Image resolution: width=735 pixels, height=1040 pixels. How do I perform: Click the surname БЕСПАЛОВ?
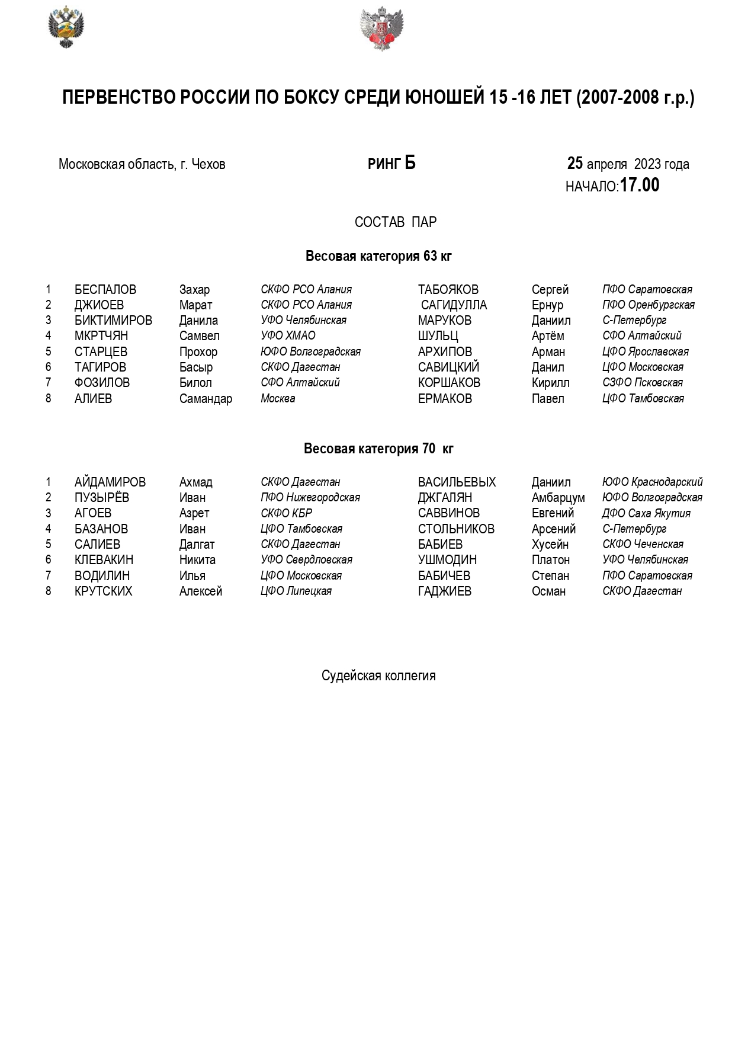[x=105, y=290]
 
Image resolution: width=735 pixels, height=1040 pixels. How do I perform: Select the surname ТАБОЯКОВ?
[x=448, y=290]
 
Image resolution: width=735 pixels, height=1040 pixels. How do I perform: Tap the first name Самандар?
[x=206, y=399]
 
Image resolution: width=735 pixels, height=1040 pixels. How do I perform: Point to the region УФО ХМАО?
[x=288, y=336]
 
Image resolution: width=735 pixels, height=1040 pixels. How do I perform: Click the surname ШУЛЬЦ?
[x=438, y=336]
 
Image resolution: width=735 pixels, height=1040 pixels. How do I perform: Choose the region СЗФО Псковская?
[x=642, y=383]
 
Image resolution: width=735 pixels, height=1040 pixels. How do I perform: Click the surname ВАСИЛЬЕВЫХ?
[x=457, y=482]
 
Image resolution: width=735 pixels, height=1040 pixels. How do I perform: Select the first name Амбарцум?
[x=558, y=498]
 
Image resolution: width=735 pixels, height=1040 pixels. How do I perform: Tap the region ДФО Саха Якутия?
[x=646, y=513]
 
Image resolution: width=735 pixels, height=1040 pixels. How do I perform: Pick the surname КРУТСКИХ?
[x=103, y=591]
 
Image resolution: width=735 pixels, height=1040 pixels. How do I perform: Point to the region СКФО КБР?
[x=286, y=513]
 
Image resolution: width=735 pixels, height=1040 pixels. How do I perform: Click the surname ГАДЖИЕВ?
[x=444, y=591]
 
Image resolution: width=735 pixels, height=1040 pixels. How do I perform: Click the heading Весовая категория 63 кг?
[x=378, y=256]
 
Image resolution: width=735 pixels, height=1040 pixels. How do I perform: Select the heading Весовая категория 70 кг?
[x=378, y=449]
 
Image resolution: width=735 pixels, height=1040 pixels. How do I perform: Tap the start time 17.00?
[x=639, y=185]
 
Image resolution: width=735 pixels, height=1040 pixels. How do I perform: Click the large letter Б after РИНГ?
[x=410, y=163]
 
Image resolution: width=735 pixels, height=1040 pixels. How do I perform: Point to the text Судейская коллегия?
[x=378, y=676]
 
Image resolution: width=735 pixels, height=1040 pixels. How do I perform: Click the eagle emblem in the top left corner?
[x=66, y=27]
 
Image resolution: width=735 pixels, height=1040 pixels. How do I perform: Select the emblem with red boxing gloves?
[x=381, y=28]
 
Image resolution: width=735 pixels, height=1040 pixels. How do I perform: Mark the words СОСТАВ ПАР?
[x=396, y=222]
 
